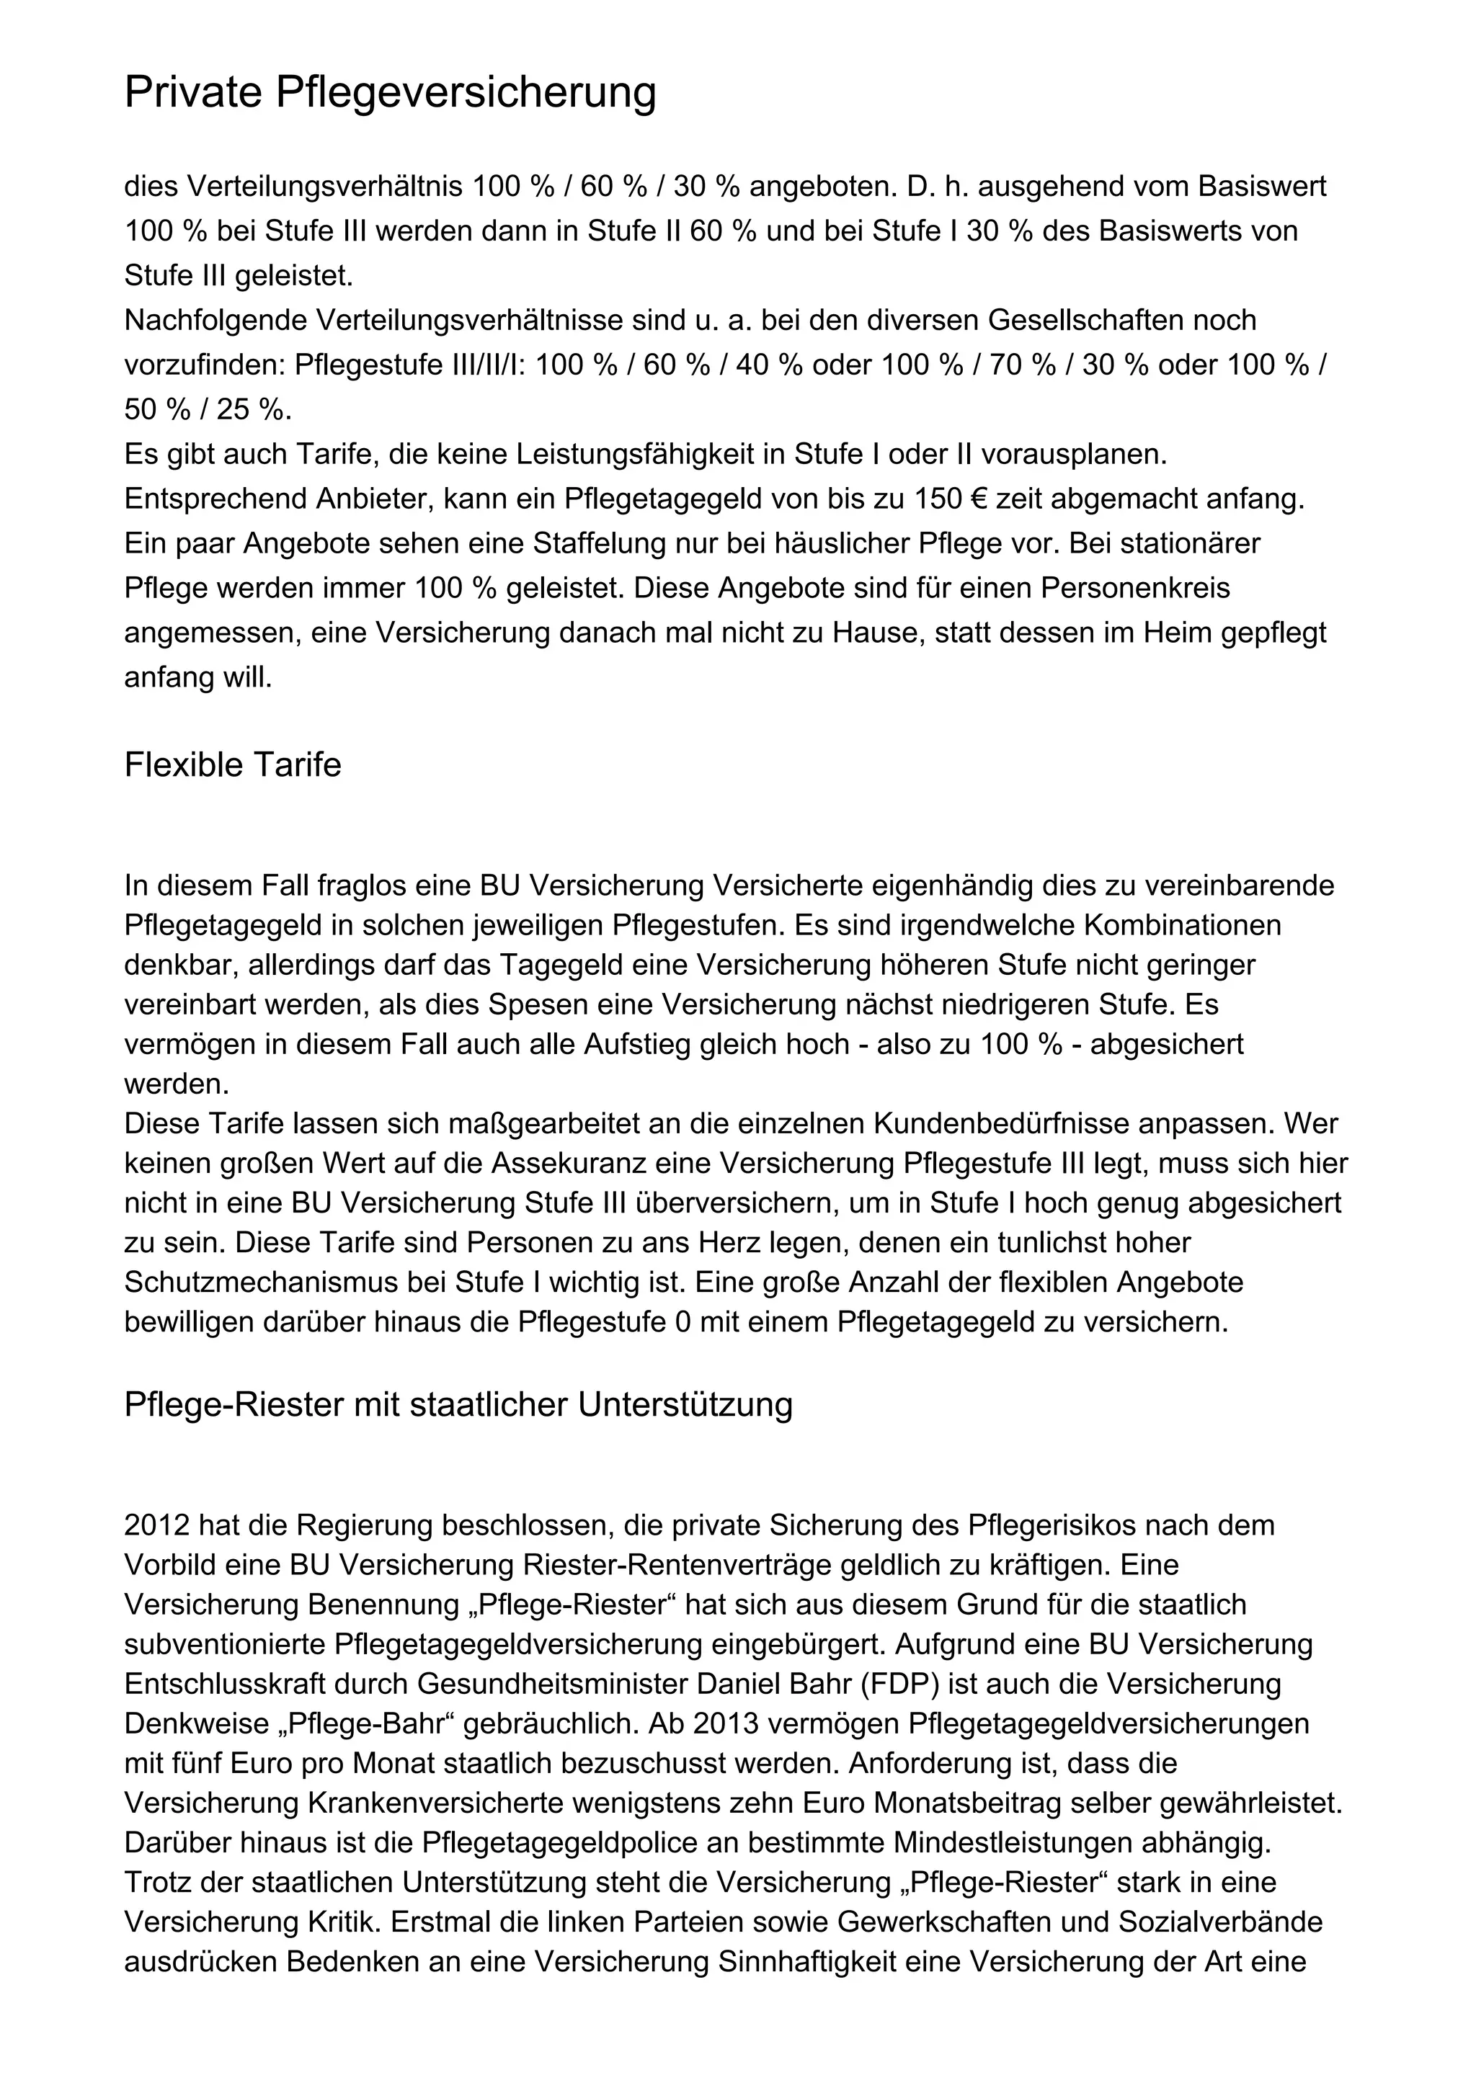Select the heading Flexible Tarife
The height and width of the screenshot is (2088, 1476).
[x=233, y=765]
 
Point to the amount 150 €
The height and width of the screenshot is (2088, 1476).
[x=924, y=499]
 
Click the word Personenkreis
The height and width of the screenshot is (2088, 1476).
[x=1135, y=589]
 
